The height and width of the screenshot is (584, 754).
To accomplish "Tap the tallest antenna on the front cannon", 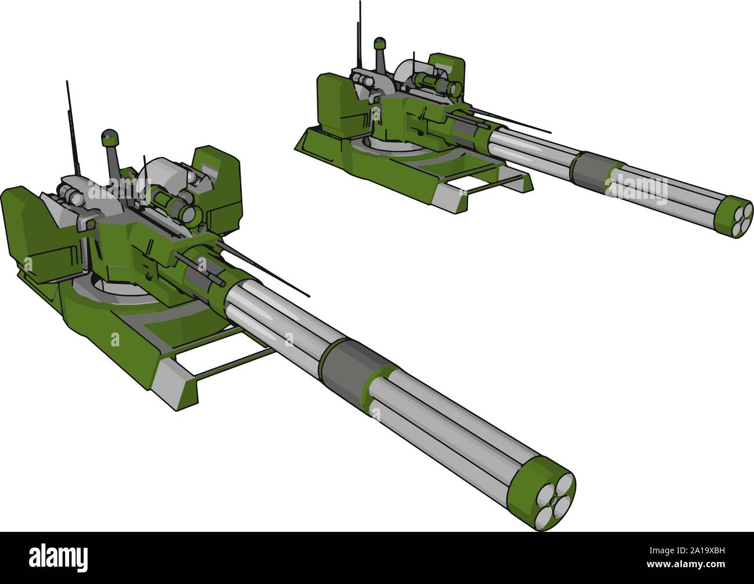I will coord(72,127).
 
